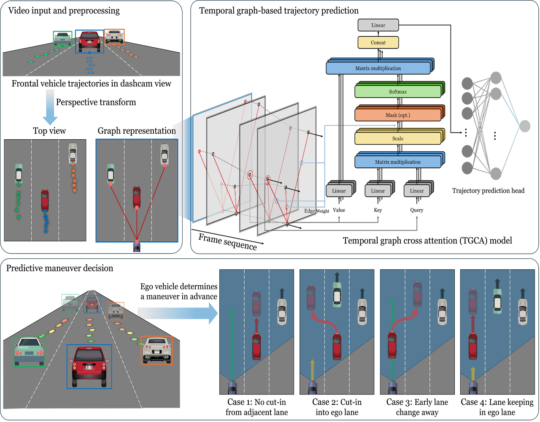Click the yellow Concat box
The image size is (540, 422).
(x=378, y=43)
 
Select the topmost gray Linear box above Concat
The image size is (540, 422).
(x=378, y=25)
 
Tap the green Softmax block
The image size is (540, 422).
(x=397, y=92)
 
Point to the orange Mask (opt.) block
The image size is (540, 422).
(x=397, y=115)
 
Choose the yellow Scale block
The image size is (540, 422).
(x=397, y=138)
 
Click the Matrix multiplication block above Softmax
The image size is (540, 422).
(x=378, y=68)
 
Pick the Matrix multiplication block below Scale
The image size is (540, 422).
(x=397, y=162)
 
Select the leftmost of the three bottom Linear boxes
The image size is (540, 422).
(x=339, y=191)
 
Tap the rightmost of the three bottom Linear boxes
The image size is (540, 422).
(x=417, y=191)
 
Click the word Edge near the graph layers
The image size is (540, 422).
(x=310, y=211)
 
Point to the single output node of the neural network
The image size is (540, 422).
(x=524, y=126)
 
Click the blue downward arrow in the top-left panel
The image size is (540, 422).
(x=50, y=108)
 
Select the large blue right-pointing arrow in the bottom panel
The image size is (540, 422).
(x=177, y=314)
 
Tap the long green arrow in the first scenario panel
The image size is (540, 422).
(x=232, y=342)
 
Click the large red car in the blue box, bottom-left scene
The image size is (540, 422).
(x=89, y=366)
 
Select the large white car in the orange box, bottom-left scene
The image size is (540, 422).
(x=156, y=350)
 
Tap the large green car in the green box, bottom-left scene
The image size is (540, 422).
(x=29, y=351)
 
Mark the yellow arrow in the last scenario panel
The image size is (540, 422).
(x=473, y=373)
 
